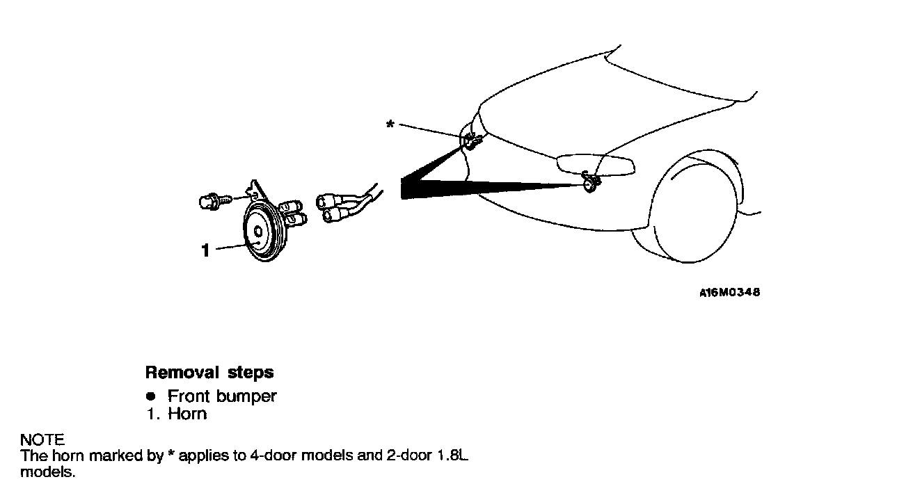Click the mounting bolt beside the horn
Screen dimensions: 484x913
[x=209, y=202]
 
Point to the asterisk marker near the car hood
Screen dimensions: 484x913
[x=390, y=124]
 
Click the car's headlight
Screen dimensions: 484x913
[x=595, y=164]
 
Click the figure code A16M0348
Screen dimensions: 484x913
[x=729, y=293]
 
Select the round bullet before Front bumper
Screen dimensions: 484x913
[x=150, y=396]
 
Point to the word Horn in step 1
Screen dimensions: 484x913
[x=187, y=414]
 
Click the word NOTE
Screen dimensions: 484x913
[x=42, y=439]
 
